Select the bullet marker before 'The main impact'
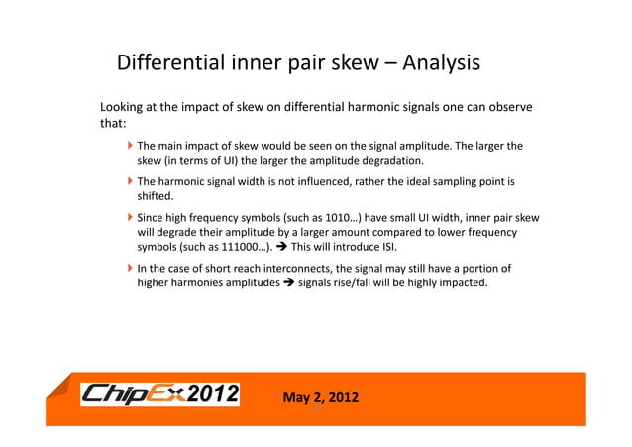130,146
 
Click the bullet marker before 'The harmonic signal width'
130,182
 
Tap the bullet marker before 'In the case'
130,269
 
